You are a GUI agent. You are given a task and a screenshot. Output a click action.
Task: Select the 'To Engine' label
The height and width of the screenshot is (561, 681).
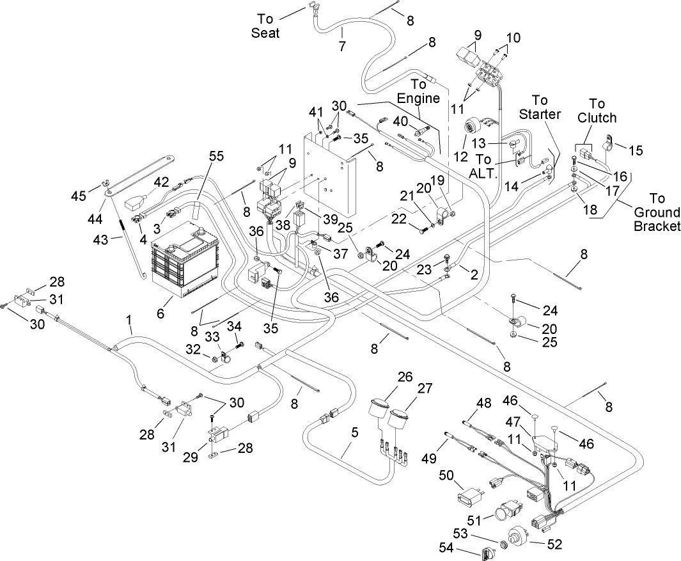point(418,91)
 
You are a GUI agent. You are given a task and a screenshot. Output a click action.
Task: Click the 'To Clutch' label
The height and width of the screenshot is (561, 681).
point(597,111)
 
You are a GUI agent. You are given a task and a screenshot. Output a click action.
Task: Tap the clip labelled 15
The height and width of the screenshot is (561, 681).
point(608,139)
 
